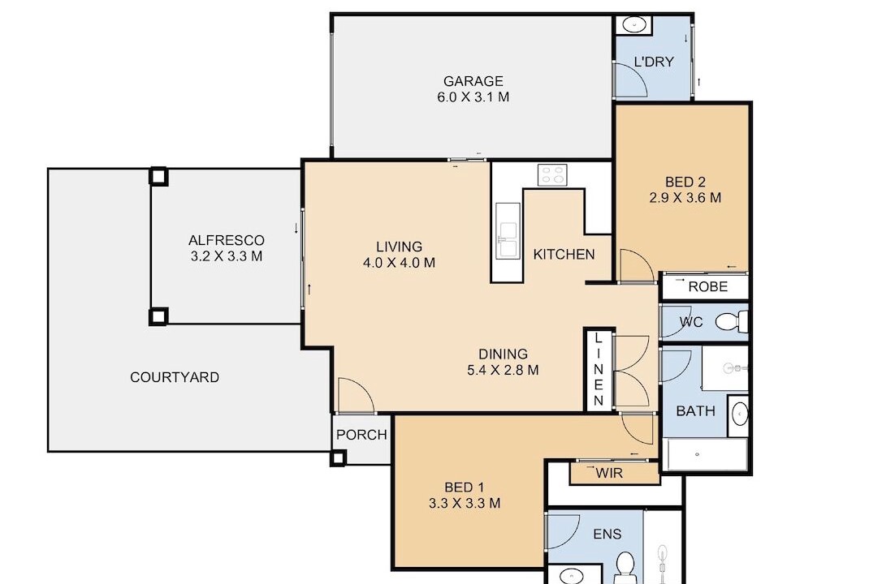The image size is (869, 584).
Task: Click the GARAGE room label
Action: point(473,81)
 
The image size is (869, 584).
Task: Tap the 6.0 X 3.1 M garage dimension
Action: point(473,97)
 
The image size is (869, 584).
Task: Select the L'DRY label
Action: point(654,62)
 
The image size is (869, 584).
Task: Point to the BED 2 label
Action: point(685,182)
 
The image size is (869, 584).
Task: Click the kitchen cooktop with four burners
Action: point(552,175)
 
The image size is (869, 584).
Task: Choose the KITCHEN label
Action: point(564,255)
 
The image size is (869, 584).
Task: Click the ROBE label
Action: point(707,287)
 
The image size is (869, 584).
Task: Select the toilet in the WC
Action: point(732,322)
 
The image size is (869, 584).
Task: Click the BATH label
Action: point(695,411)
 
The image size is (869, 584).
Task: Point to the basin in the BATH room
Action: point(739,414)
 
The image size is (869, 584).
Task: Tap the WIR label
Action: point(610,474)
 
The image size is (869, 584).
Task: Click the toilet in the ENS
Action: point(626,568)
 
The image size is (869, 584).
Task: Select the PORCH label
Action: point(362,435)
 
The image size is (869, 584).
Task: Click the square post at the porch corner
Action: point(338,457)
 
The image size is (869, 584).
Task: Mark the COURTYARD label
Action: point(175,377)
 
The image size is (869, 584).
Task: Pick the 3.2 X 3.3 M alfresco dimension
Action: point(227,257)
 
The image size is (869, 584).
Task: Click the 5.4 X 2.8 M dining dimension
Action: point(504,371)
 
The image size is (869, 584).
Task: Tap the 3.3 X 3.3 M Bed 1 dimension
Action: point(465,504)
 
